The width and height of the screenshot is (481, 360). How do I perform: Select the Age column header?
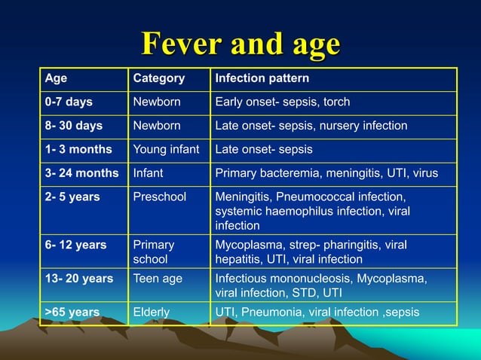pyautogui.click(x=56, y=78)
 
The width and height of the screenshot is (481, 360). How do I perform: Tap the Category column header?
pyautogui.click(x=158, y=78)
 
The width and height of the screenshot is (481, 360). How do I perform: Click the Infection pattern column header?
pyautogui.click(x=262, y=78)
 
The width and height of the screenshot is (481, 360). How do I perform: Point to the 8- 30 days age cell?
pyautogui.click(x=74, y=125)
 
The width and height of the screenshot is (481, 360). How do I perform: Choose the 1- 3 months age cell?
pyautogui.click(x=78, y=149)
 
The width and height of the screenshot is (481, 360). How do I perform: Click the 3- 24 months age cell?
pyautogui.click(x=81, y=173)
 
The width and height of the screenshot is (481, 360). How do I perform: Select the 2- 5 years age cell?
pyautogui.click(x=73, y=197)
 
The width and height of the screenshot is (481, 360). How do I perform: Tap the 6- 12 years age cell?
pyautogui.click(x=75, y=245)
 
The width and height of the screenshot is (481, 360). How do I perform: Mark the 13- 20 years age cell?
pyautogui.click(x=79, y=279)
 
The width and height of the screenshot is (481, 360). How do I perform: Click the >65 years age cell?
pyautogui.click(x=72, y=312)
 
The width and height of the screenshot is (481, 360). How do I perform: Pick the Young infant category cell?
pyautogui.click(x=166, y=149)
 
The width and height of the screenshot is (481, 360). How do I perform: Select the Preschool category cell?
pyautogui.click(x=159, y=197)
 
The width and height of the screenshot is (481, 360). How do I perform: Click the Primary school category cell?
pyautogui.click(x=154, y=252)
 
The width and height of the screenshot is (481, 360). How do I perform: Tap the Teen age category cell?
pyautogui.click(x=158, y=279)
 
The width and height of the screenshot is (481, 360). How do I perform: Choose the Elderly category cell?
pyautogui.click(x=151, y=312)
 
